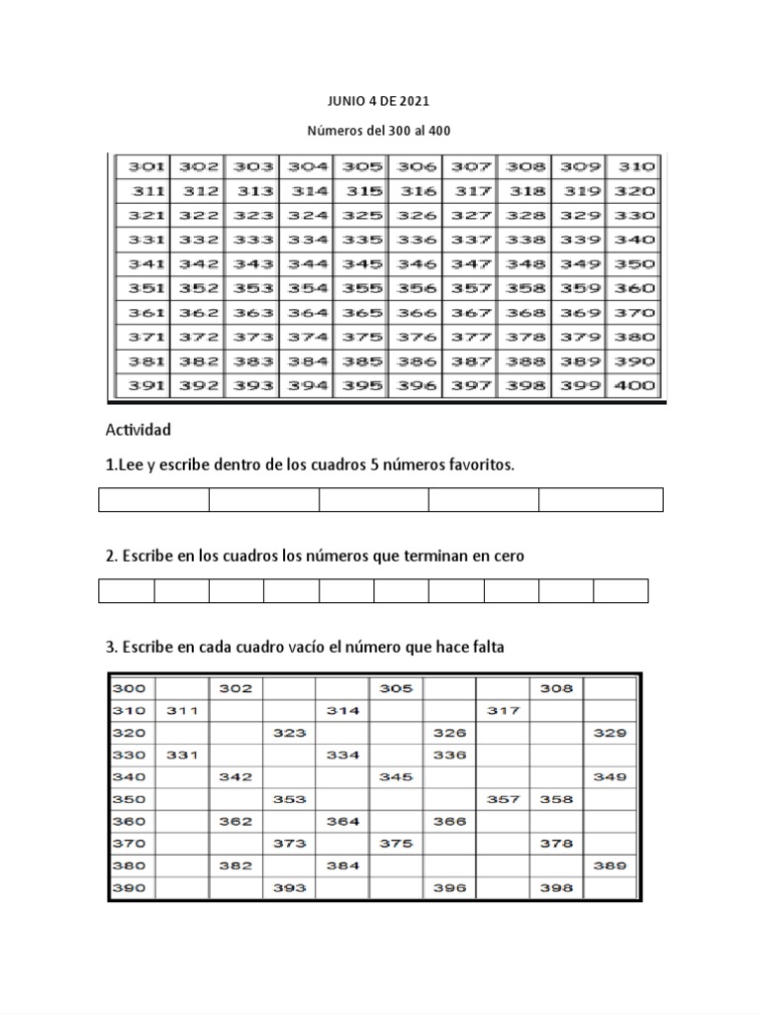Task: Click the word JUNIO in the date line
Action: point(344,101)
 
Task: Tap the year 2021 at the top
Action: point(414,101)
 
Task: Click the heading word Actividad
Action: point(138,430)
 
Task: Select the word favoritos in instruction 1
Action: point(483,465)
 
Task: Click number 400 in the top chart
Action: point(634,386)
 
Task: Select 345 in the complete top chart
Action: point(362,264)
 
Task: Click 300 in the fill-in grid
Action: point(130,688)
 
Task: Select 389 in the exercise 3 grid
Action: point(610,865)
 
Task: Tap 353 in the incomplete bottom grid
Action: point(289,799)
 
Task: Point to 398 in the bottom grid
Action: point(556,888)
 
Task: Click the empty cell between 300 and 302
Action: point(181,688)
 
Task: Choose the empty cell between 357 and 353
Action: point(396,799)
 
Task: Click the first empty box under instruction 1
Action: point(153,500)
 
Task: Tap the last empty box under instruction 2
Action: point(620,591)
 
